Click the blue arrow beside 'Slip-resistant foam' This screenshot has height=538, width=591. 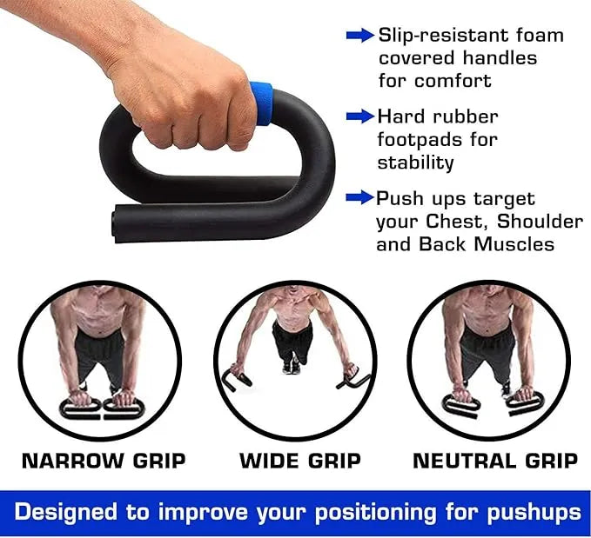click(359, 36)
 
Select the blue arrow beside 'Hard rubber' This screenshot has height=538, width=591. click(359, 116)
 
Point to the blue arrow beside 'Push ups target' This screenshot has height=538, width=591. click(359, 198)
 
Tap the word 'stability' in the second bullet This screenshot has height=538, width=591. click(415, 163)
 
